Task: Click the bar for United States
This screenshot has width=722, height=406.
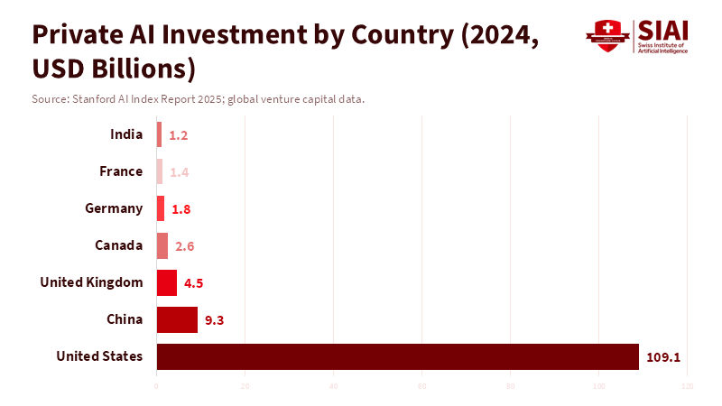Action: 397,356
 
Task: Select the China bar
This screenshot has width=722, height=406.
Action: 177,319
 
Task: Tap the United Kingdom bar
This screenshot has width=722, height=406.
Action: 167,282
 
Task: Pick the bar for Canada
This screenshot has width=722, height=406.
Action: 162,245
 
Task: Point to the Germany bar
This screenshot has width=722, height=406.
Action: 161,208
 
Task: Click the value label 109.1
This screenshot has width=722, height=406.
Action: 663,357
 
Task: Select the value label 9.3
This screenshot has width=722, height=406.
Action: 215,320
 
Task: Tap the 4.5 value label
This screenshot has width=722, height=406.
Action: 194,283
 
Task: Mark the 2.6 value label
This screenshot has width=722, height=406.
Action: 185,246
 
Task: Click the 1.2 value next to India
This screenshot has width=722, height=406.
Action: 178,135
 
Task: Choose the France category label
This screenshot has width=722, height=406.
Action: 121,171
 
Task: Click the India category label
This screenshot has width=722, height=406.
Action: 126,134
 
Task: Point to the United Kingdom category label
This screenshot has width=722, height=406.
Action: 91,282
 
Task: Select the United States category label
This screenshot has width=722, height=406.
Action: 99,356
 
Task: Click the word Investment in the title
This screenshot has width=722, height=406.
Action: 215,34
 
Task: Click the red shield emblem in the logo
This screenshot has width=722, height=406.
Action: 606,36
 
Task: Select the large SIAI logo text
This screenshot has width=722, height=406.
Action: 662,30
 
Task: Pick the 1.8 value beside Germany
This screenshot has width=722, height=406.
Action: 181,209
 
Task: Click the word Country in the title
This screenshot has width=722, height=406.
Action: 398,34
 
